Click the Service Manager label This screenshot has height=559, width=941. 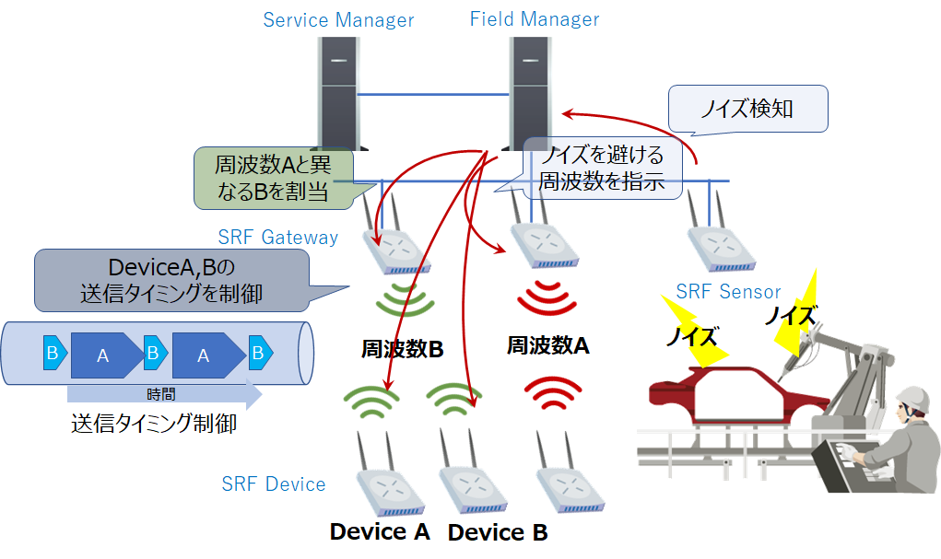(338, 20)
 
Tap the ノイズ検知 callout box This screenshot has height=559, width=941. (747, 110)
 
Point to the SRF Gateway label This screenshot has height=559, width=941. (278, 238)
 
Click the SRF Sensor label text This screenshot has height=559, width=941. (728, 292)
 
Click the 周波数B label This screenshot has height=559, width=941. (402, 350)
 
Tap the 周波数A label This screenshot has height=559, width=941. (547, 345)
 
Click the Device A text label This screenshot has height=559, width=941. (380, 531)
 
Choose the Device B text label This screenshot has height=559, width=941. (498, 532)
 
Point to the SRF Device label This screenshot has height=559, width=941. (274, 484)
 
